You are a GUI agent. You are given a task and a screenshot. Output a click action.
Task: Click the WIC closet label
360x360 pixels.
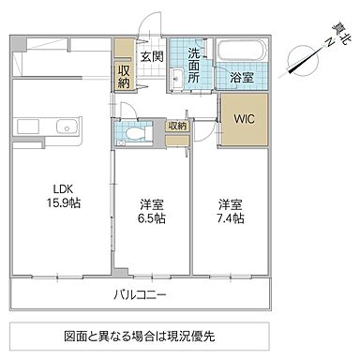pyautogui.click(x=243, y=119)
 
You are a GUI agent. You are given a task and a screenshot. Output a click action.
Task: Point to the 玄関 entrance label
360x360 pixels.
pyautogui.click(x=151, y=55)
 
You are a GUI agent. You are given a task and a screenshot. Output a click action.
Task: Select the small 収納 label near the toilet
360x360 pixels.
pyautogui.click(x=178, y=125)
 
